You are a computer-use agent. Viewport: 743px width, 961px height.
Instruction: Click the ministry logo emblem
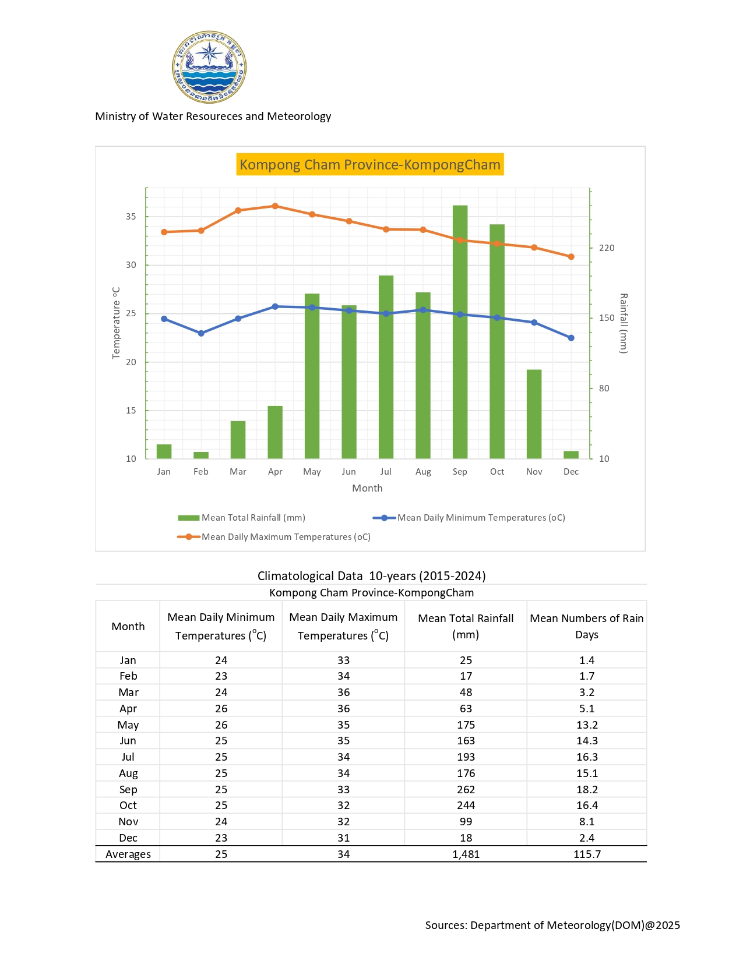tap(209, 67)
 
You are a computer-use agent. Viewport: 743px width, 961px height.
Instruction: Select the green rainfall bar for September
tap(460, 332)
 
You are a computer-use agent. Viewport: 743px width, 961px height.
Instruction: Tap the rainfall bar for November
tap(534, 414)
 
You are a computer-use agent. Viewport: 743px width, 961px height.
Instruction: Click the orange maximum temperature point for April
tap(275, 206)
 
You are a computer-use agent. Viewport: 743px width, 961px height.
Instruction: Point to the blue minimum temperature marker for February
tap(201, 333)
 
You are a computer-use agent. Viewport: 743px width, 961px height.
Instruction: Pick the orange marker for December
tap(571, 257)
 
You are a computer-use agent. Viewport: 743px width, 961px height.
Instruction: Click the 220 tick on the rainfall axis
tap(607, 248)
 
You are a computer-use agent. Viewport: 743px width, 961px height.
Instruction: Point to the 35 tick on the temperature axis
tap(131, 217)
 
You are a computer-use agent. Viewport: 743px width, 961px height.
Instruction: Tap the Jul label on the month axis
tap(386, 472)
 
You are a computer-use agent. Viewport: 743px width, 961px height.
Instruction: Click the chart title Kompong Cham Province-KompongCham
tap(370, 165)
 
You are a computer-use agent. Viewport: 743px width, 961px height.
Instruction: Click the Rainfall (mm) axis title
tap(624, 323)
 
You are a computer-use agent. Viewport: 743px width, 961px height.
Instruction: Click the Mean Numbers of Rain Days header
tap(586, 626)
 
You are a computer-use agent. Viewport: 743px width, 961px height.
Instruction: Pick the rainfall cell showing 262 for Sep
tap(466, 790)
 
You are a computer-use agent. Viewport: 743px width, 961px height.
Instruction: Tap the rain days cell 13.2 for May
tap(587, 725)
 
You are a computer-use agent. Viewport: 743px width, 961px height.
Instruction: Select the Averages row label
tap(128, 854)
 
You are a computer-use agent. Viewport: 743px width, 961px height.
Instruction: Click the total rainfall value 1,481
tap(466, 854)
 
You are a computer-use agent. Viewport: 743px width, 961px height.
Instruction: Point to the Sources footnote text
tap(552, 925)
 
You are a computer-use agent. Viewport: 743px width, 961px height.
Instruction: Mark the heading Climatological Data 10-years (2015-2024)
tap(371, 576)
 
